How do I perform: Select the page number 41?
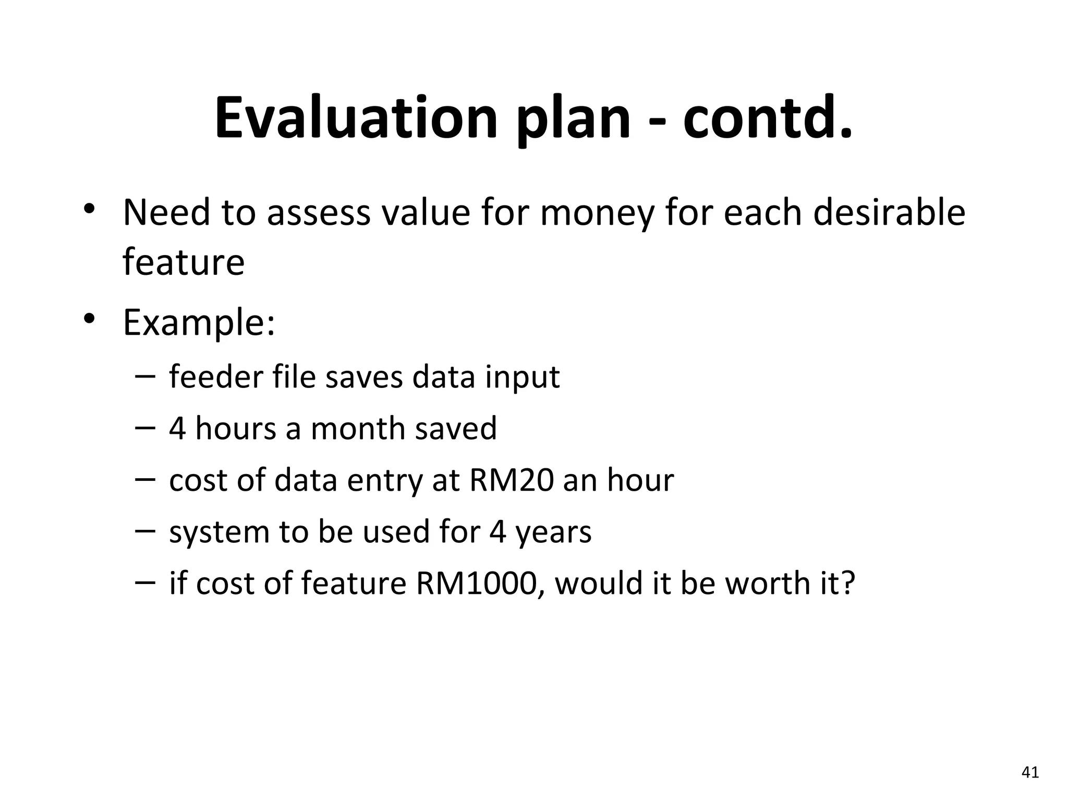(1030, 772)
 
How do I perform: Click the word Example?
(199, 323)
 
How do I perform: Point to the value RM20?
(511, 480)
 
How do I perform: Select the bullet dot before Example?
(89, 318)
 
